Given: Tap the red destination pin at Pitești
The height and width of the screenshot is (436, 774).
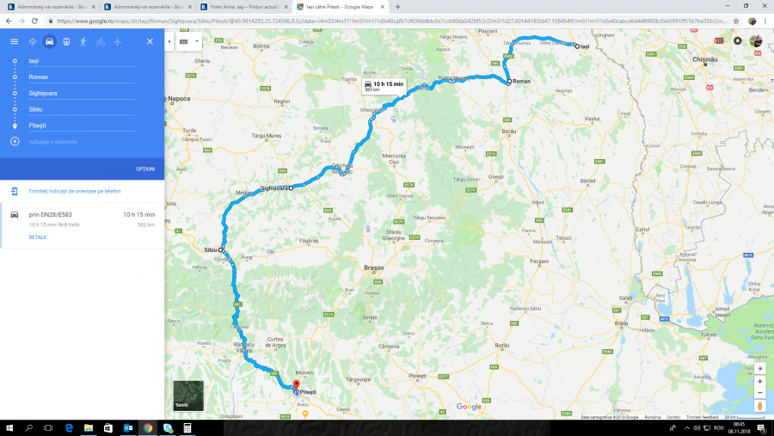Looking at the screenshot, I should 296,384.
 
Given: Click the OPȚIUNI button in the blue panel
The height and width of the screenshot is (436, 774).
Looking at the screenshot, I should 145,169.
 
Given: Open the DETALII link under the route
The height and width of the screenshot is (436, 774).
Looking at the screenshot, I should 38,236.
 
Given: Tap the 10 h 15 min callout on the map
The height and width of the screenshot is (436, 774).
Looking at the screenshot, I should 384,85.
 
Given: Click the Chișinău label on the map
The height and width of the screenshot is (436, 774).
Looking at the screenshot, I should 704,59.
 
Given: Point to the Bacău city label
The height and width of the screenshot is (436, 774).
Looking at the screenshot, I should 509,130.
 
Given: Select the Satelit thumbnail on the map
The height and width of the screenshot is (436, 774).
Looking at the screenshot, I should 188,396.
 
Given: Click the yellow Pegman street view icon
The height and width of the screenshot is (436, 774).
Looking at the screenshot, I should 759,405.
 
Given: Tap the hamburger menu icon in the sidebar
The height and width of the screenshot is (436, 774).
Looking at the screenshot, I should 14,41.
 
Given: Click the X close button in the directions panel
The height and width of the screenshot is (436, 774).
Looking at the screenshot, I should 150,41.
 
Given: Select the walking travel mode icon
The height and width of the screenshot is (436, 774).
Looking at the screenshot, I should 83,41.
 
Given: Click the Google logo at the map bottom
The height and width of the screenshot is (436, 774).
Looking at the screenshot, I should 469,407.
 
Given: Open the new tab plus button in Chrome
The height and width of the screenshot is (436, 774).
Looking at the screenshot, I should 397,7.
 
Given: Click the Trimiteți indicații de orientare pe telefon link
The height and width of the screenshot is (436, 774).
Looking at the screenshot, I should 74,191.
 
